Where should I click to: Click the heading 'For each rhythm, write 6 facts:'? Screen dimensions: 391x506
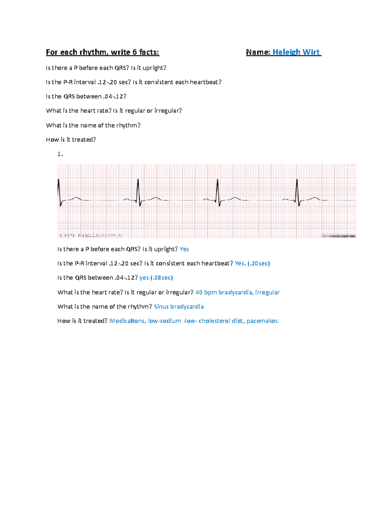pos(102,52)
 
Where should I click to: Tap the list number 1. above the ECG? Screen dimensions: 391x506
pos(60,154)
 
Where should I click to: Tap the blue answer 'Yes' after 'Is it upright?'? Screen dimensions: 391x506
pos(184,249)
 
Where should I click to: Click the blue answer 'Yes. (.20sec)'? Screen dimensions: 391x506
pos(252,264)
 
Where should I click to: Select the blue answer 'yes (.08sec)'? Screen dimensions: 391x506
pos(156,278)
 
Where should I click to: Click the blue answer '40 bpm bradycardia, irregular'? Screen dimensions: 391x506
pos(237,292)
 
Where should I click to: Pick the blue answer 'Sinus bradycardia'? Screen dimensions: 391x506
pos(179,307)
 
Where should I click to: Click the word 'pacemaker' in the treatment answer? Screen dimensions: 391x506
pos(262,321)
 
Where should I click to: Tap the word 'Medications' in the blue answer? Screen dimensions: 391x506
pos(127,321)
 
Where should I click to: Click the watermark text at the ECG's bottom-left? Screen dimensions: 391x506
pos(90,235)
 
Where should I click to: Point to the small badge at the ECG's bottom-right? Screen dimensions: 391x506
pos(339,236)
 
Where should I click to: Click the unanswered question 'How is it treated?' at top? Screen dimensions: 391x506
pos(71,140)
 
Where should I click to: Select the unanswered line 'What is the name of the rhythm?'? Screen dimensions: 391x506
pos(93,125)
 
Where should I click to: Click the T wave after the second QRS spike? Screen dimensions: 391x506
pos(156,198)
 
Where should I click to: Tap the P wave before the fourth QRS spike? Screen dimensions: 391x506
pos(286,199)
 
